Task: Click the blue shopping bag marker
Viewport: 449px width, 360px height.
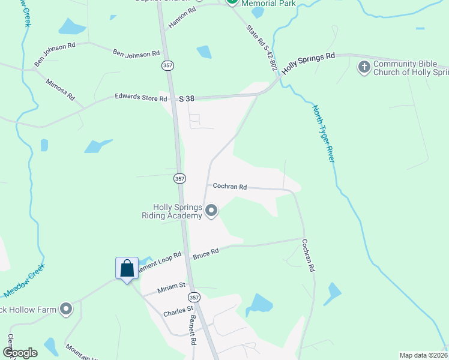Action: click(x=127, y=268)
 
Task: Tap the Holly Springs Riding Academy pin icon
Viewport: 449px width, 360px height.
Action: click(x=211, y=211)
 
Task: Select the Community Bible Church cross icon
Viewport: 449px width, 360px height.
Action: click(x=364, y=67)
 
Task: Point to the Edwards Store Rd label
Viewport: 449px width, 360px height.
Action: click(x=140, y=97)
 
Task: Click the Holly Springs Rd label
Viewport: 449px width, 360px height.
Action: click(x=308, y=62)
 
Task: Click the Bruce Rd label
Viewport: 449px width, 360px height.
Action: click(x=205, y=255)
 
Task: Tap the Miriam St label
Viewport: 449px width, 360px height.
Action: click(x=172, y=287)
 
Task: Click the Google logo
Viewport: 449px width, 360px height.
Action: click(x=19, y=353)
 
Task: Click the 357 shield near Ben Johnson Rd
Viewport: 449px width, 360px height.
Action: click(x=167, y=64)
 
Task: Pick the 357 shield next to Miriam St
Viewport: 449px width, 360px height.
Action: click(x=193, y=298)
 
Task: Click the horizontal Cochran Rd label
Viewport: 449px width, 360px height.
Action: click(x=230, y=187)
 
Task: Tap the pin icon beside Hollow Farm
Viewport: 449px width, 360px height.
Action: click(x=66, y=310)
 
